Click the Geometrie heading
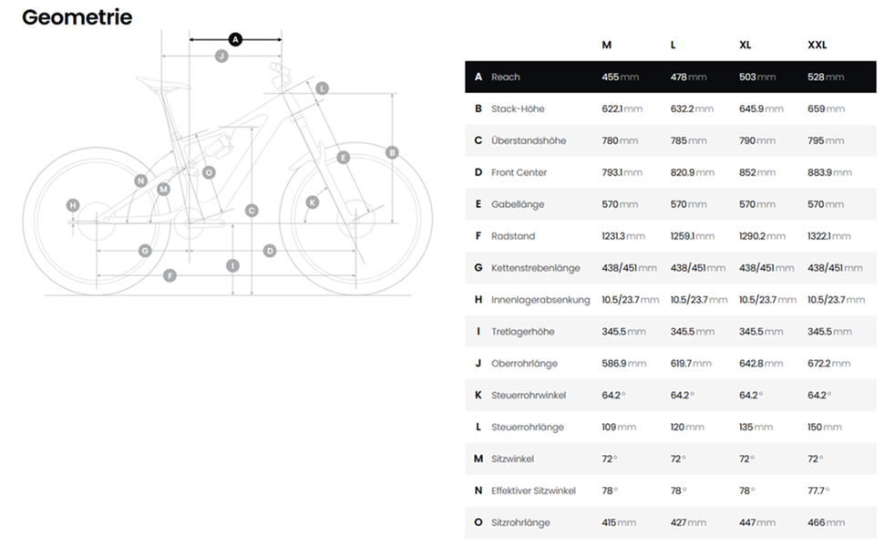click(x=77, y=17)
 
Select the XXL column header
click(x=817, y=45)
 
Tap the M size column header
click(x=606, y=45)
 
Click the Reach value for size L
click(x=688, y=77)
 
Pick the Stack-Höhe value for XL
click(x=760, y=108)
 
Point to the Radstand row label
click(x=512, y=236)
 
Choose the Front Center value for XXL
click(x=829, y=172)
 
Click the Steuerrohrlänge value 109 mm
click(x=619, y=428)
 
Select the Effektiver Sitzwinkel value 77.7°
click(x=818, y=490)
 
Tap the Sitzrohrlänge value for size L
click(x=687, y=522)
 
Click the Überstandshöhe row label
click(x=528, y=140)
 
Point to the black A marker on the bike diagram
click(x=235, y=39)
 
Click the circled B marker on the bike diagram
click(x=392, y=152)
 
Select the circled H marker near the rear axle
click(x=73, y=205)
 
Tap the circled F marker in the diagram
click(x=170, y=275)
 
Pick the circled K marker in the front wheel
click(x=313, y=202)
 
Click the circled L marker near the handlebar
click(x=323, y=88)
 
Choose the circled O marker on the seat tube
click(x=209, y=172)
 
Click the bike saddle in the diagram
click(x=166, y=88)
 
